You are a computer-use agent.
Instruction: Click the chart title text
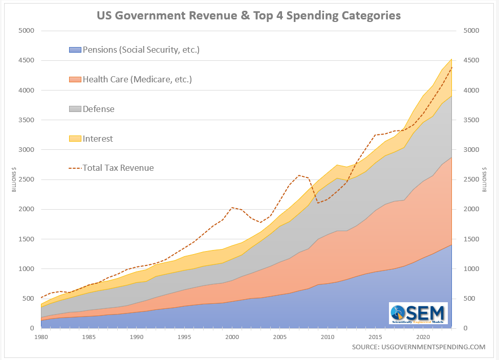pyautogui.click(x=249, y=15)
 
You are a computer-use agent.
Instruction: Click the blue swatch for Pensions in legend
pyautogui.click(x=75, y=50)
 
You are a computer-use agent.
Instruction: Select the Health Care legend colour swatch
pyautogui.click(x=75, y=80)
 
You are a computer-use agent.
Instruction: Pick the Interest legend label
pyautogui.click(x=98, y=139)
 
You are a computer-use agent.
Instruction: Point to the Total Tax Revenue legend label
pyautogui.click(x=118, y=168)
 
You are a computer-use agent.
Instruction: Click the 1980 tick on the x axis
pyautogui.click(x=41, y=337)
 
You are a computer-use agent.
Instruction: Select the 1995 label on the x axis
pyautogui.click(x=184, y=337)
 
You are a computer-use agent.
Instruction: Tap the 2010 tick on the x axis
pyautogui.click(x=328, y=337)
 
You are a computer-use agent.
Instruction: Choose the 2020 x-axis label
pyautogui.click(x=423, y=337)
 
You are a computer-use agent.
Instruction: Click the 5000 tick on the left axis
pyautogui.click(x=25, y=31)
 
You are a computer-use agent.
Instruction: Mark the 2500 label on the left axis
pyautogui.click(x=25, y=179)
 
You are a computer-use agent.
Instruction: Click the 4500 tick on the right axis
pyautogui.click(x=470, y=60)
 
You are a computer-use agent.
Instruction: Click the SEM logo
pyautogui.click(x=418, y=313)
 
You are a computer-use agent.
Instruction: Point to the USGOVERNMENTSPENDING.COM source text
pyautogui.click(x=418, y=347)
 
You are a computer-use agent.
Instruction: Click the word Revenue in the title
pyautogui.click(x=203, y=15)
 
